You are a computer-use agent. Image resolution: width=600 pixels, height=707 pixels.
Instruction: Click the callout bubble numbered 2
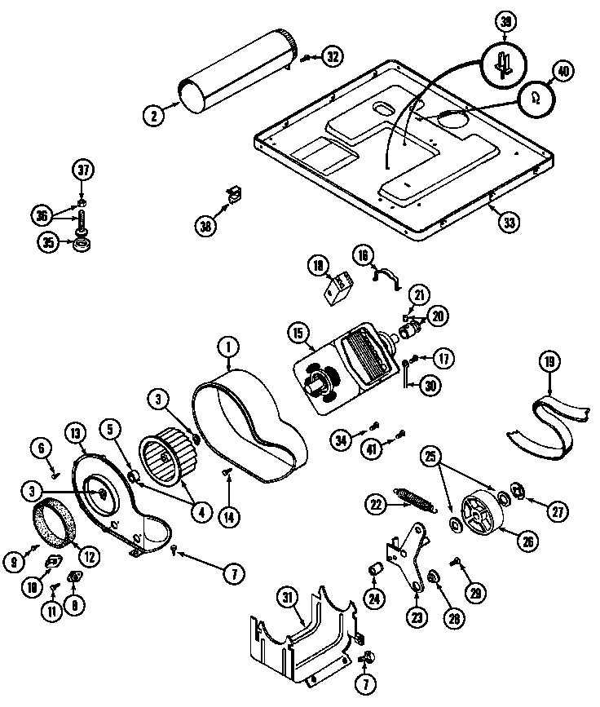[153, 115]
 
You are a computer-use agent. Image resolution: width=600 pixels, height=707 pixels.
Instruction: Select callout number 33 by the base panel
[508, 221]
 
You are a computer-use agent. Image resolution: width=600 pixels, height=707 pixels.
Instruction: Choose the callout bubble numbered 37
[82, 171]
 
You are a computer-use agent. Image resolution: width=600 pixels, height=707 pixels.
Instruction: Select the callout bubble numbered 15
[298, 334]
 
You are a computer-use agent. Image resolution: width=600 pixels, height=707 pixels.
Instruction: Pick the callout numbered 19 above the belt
[549, 361]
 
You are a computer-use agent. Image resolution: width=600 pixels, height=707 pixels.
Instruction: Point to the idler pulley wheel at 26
[481, 513]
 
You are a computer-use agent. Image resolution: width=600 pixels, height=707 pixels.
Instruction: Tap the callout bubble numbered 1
[227, 348]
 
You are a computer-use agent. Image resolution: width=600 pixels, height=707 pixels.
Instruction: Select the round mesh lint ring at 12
[54, 527]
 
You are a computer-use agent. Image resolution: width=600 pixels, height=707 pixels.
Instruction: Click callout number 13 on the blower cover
[77, 433]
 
